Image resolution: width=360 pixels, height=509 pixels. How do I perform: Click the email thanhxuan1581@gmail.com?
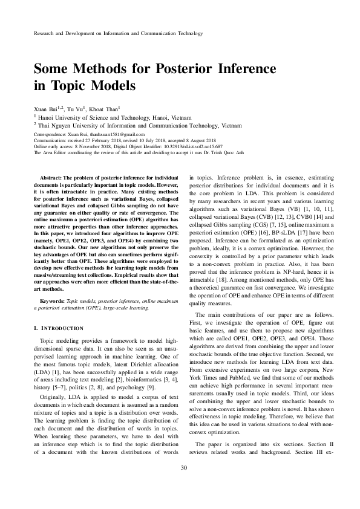118,134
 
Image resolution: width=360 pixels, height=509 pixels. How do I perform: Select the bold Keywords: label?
51,300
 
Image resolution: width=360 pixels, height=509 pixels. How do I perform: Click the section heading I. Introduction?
58,328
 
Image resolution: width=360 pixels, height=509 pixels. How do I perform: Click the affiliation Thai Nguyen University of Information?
100,125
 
